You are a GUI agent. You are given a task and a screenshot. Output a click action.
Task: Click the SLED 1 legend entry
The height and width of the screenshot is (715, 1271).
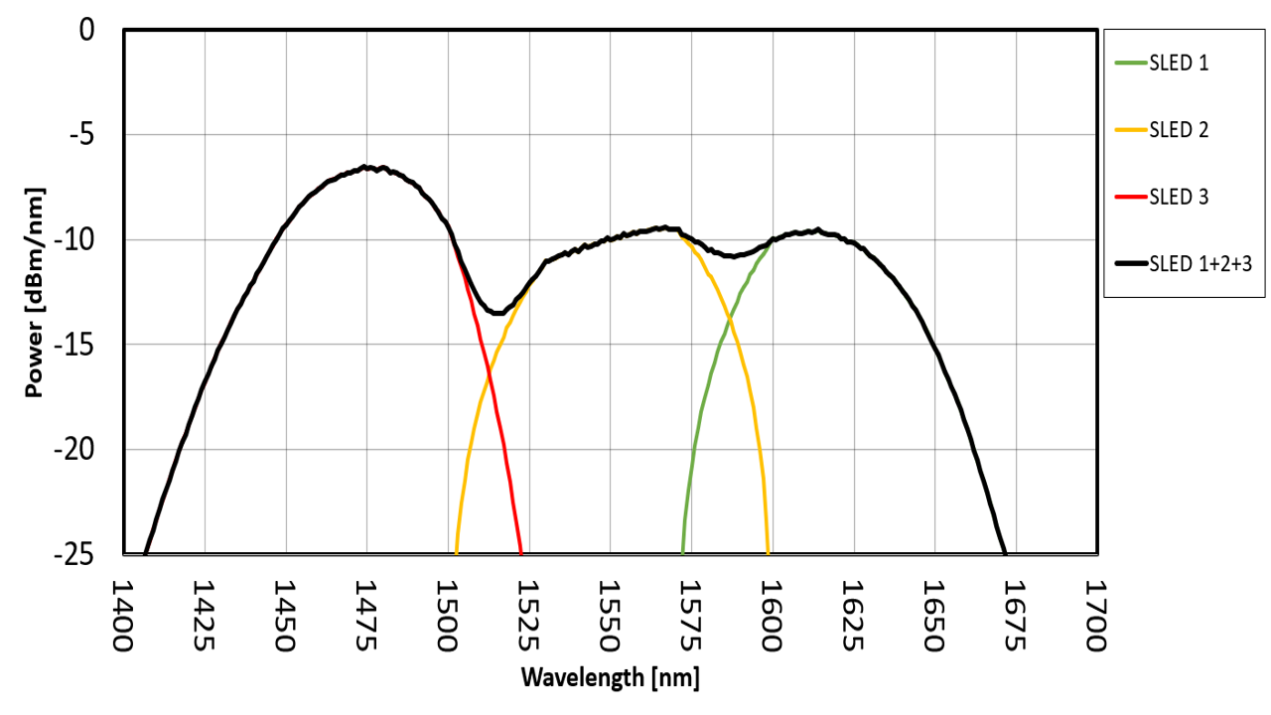tap(1179, 64)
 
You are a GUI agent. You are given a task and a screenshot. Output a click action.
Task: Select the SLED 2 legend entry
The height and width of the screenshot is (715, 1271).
tap(1179, 130)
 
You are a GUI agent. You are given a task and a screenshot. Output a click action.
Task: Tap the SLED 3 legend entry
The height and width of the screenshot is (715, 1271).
tap(1179, 197)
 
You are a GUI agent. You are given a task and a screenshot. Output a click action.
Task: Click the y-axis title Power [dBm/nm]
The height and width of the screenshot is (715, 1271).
tap(35, 292)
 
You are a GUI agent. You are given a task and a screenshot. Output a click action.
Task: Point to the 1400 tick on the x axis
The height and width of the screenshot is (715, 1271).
tap(123, 617)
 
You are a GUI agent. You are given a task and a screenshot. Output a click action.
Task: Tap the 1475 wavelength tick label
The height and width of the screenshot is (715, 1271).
tap(366, 617)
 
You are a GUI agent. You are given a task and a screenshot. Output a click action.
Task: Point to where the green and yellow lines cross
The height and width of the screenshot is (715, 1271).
tap(730, 319)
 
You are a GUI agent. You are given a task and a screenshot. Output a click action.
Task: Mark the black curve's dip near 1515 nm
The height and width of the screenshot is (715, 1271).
tap(496, 313)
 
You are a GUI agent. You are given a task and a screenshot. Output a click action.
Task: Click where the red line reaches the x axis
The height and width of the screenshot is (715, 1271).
tap(521, 553)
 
